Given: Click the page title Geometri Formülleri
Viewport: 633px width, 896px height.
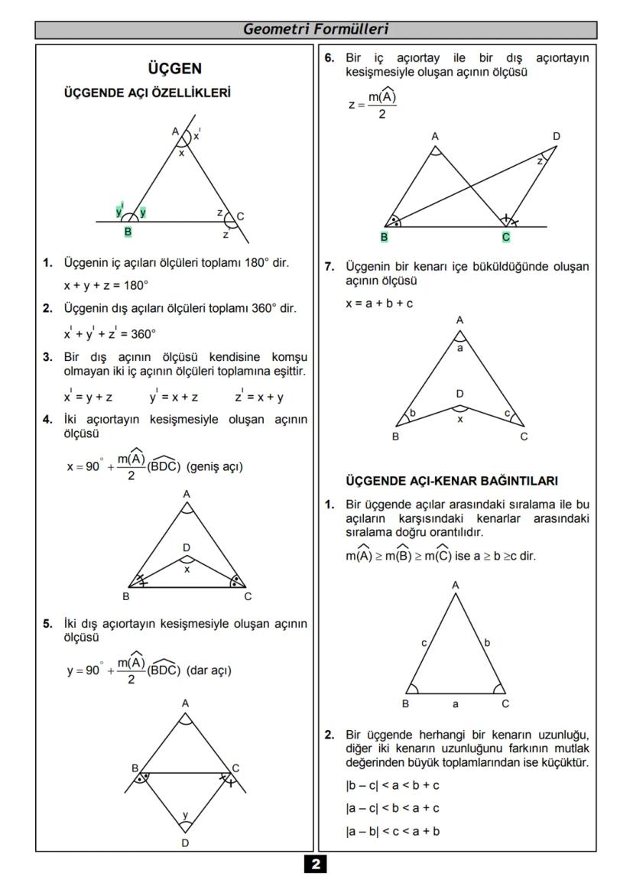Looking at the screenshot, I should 316,30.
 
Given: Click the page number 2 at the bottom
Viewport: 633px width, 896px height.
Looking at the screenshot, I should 316,865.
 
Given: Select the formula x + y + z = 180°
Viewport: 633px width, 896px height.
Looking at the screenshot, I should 105,285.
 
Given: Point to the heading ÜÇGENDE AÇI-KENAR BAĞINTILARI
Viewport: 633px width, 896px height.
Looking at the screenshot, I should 451,481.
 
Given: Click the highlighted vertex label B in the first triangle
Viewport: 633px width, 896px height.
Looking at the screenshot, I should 128,232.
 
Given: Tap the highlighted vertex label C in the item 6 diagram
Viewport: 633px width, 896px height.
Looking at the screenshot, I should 506,238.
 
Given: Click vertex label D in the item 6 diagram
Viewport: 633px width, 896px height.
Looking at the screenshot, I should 557,137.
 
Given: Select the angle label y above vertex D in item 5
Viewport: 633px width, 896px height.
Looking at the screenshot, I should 185,814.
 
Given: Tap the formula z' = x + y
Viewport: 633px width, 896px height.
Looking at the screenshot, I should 260,397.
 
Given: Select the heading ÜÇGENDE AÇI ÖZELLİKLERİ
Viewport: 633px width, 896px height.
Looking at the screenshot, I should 148,93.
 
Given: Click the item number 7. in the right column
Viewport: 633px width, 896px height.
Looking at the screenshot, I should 329,266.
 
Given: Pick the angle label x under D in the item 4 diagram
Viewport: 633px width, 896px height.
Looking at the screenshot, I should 187,569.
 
